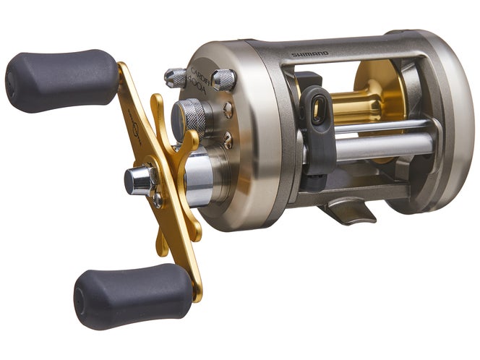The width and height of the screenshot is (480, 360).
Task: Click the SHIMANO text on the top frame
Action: coord(309,53)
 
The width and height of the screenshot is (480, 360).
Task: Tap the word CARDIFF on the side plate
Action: coord(201,72)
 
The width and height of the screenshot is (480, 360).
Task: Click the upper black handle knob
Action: coord(61,80)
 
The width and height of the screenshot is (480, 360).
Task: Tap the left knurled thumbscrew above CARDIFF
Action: coord(176,77)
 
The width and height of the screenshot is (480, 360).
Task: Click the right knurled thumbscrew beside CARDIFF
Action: coord(223,80)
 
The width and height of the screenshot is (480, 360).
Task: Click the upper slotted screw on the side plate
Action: coord(228,110)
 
